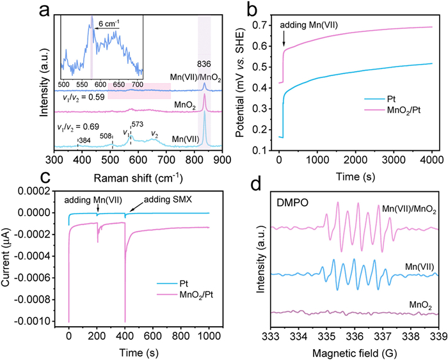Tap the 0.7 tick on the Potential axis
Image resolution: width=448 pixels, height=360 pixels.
(259, 25)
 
